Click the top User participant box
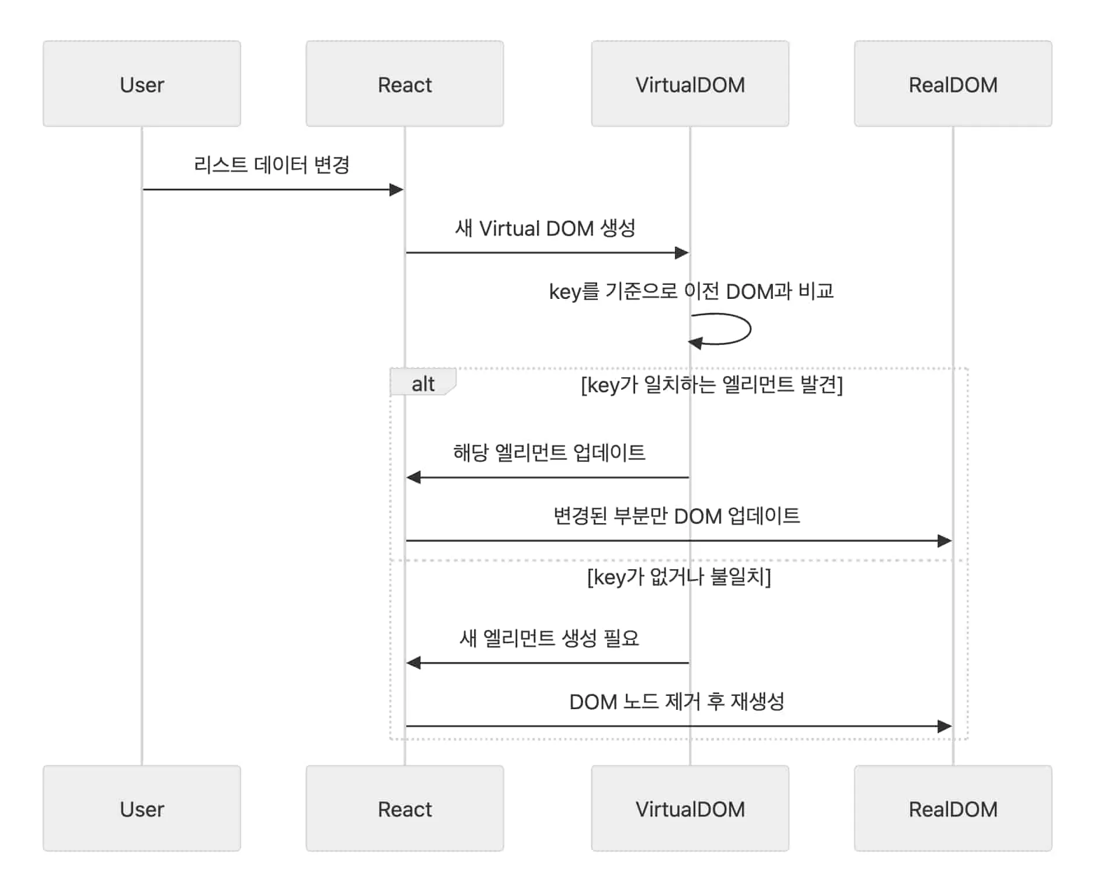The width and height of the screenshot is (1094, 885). tap(142, 84)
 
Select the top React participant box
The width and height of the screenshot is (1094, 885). tap(405, 84)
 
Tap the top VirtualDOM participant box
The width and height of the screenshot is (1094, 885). tap(690, 84)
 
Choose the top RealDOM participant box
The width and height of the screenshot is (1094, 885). tap(953, 84)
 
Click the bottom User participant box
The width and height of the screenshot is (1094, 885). tap(142, 809)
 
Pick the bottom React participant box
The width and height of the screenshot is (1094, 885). tap(405, 809)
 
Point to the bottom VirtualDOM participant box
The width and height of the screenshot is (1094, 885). tap(690, 809)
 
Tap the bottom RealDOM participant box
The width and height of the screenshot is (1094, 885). tap(953, 809)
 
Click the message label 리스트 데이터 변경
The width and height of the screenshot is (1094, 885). tap(271, 165)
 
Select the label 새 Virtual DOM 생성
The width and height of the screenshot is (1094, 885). tap(545, 228)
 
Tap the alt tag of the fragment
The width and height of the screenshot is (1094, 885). tap(423, 384)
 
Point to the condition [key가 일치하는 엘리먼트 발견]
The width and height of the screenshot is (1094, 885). tap(712, 385)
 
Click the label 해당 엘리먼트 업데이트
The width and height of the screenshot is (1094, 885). tap(549, 452)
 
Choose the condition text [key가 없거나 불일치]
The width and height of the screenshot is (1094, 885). tap(679, 577)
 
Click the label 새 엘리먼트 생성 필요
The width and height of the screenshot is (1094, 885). tap(549, 638)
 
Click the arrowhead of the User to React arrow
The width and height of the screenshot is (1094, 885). tap(396, 190)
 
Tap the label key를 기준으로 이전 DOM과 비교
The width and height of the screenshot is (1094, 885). tap(691, 291)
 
